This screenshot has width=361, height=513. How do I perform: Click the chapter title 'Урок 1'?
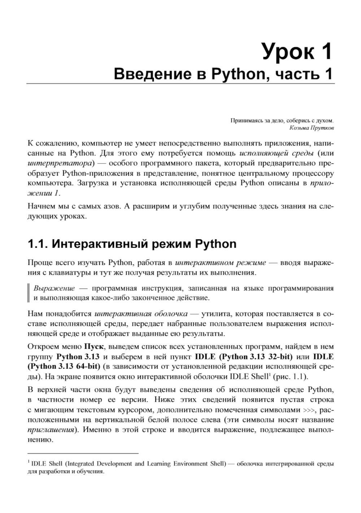pos(296,52)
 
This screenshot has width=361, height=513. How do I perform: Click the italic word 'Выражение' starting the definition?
pos(54,288)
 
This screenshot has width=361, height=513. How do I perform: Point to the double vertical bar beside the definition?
pos(29,293)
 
